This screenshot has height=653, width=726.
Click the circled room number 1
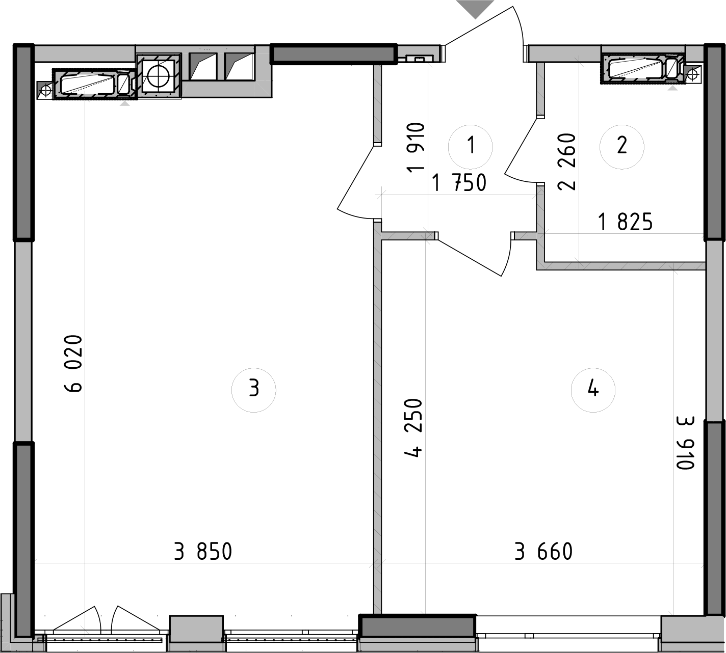point(471,146)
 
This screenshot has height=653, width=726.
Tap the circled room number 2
point(621,146)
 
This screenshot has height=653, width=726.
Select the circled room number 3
point(254,389)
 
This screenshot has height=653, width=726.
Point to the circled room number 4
point(593,389)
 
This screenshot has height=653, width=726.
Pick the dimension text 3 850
point(203,552)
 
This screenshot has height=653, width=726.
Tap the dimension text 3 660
point(543,552)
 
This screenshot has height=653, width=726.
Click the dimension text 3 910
point(686,443)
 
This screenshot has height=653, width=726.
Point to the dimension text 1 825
point(626,222)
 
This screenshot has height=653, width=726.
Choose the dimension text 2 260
point(567,161)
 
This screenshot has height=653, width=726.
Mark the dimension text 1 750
point(459,182)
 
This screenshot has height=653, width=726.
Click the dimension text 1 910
point(416,147)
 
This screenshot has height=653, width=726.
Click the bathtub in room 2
point(637,68)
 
